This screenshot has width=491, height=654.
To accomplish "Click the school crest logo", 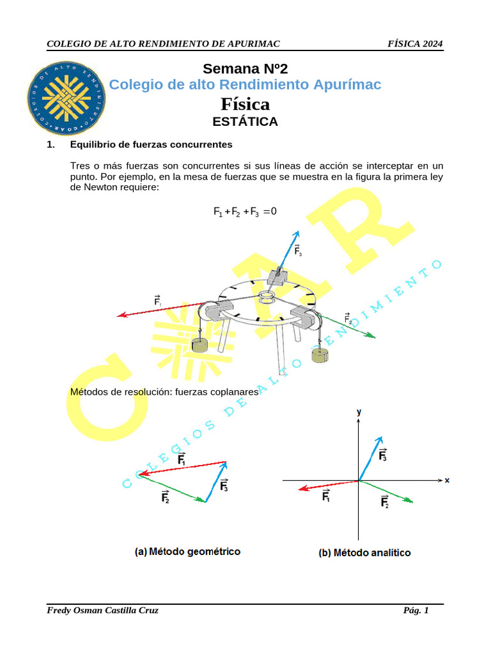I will click(66, 98).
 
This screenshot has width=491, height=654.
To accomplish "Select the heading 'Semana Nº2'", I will click(245, 69).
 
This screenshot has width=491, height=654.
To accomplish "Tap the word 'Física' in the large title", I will click(245, 103).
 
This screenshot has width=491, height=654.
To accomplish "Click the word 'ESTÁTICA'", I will click(245, 121).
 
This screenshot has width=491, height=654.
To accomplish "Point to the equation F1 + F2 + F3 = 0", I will click(245, 211).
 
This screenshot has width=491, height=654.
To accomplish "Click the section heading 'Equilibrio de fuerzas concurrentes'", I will click(151, 145).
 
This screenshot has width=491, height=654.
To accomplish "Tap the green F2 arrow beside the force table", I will click(348, 326).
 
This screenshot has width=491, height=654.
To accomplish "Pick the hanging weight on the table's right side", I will click(320, 355).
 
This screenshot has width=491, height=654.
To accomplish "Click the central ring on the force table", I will click(266, 297).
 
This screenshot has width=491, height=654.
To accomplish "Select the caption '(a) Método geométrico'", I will click(187, 551).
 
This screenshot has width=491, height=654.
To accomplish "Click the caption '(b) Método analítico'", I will click(364, 552).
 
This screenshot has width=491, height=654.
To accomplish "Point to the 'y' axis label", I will click(359, 413).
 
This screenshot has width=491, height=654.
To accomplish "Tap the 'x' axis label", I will click(447, 480).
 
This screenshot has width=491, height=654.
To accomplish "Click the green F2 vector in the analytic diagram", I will click(387, 492).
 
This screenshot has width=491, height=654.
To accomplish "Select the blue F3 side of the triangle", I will click(217, 482).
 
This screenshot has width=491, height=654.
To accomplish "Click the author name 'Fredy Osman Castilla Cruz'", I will click(103, 611).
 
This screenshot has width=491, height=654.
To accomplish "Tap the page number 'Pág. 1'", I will click(416, 611).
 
